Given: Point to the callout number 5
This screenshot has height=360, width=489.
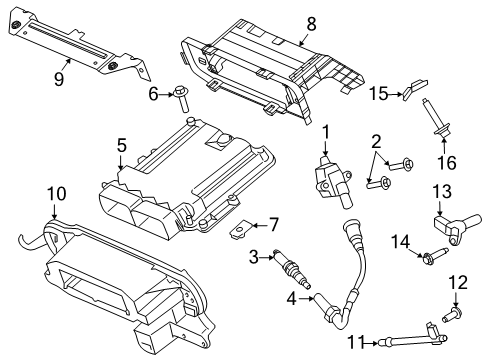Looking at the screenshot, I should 121,145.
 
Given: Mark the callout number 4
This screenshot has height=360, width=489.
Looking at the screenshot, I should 291,298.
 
